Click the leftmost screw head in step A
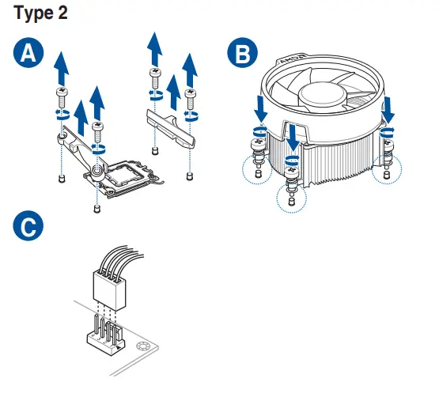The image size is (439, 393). (61, 93)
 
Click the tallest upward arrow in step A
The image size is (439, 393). (155, 47)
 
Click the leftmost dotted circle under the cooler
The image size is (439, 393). (257, 167)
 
